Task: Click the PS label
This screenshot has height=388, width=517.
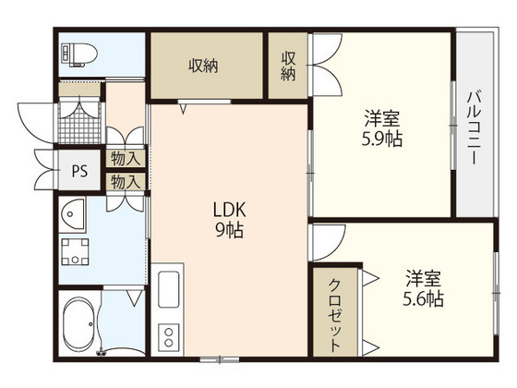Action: click(80, 171)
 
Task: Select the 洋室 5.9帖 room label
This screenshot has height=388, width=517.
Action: click(382, 127)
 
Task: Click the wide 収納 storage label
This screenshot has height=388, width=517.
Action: click(205, 65)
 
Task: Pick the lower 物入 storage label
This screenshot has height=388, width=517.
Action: click(126, 182)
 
